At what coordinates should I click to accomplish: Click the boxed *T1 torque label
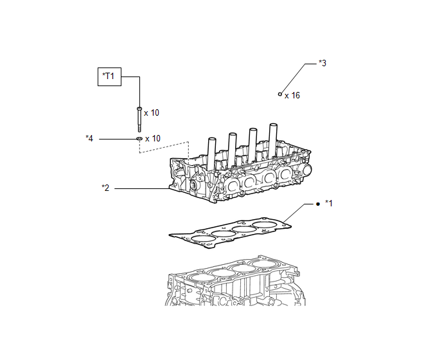(x=109, y=76)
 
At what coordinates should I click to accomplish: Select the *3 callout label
(x=323, y=63)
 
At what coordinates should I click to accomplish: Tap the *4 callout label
(x=89, y=138)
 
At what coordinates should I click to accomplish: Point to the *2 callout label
(x=105, y=188)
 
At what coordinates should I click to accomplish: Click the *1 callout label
(x=329, y=203)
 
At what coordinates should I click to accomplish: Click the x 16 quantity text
(x=292, y=96)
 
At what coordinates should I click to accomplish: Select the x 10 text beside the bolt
(x=152, y=113)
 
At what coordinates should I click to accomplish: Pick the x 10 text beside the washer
(x=153, y=138)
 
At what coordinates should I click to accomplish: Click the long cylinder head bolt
(x=139, y=120)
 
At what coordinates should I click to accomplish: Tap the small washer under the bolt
(x=139, y=139)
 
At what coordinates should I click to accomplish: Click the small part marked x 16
(x=280, y=94)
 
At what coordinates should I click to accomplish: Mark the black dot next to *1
(x=318, y=204)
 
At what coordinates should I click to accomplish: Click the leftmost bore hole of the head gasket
(x=202, y=239)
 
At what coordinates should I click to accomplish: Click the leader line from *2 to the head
(x=142, y=188)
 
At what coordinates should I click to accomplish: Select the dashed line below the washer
(x=164, y=147)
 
